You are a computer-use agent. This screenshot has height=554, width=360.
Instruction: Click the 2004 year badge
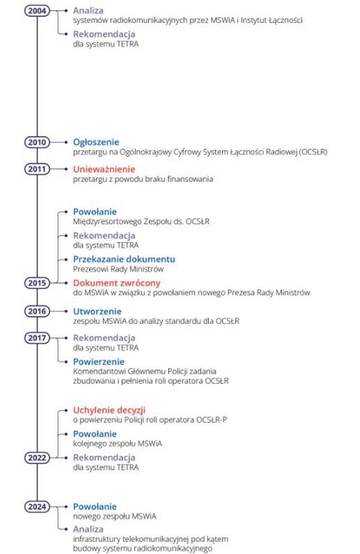(x=37, y=11)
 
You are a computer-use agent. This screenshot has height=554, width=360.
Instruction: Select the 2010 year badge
(x=37, y=142)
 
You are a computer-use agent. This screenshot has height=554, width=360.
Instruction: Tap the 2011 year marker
(x=37, y=169)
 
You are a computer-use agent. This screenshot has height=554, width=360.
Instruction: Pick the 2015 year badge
(x=37, y=283)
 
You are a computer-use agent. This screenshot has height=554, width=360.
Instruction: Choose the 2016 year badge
(x=37, y=311)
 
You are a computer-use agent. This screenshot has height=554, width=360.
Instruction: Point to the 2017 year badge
(x=37, y=338)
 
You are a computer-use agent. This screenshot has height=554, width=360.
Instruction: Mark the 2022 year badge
(x=37, y=458)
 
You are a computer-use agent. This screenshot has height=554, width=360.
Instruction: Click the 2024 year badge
(x=37, y=507)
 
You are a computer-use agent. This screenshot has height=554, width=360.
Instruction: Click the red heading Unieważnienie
(x=104, y=169)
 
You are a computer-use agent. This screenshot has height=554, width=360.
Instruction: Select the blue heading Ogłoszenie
(x=96, y=142)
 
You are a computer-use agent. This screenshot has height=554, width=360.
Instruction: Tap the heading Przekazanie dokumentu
(x=124, y=259)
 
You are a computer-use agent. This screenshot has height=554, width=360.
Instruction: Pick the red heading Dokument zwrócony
(x=117, y=283)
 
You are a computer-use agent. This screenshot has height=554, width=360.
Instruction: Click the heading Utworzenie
(x=97, y=311)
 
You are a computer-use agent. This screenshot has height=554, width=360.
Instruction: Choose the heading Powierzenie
(x=99, y=361)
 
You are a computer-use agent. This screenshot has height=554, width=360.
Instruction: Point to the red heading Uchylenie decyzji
(x=109, y=410)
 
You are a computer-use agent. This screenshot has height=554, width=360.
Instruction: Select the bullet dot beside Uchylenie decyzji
(x=66, y=410)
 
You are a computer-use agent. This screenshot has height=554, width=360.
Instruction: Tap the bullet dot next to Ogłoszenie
(x=66, y=142)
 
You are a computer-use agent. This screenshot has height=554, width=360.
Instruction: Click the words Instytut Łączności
(x=271, y=20)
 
